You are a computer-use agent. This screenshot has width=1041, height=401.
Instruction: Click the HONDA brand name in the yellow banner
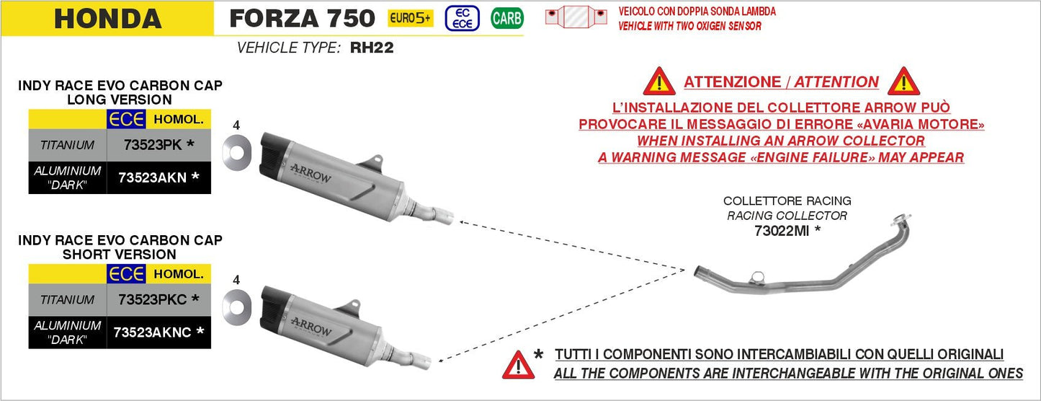click(x=107, y=19)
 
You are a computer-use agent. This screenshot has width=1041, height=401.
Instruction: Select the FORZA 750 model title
click(x=302, y=18)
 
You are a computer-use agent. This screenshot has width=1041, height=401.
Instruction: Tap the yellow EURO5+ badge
click(x=411, y=18)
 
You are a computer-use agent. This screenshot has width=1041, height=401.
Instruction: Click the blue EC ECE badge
click(x=463, y=18)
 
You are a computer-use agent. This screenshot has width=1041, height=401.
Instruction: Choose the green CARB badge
click(x=506, y=18)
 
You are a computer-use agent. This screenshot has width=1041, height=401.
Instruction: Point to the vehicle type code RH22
click(x=372, y=49)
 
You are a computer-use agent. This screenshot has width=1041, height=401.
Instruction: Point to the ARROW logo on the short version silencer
click(x=310, y=326)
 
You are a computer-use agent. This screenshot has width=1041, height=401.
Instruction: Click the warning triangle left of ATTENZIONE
click(x=658, y=82)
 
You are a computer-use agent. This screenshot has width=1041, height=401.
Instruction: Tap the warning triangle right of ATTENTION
click(x=903, y=82)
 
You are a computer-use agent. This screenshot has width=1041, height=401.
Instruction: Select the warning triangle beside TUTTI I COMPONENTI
click(x=518, y=366)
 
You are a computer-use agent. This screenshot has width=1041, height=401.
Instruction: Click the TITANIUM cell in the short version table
click(x=68, y=299)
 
